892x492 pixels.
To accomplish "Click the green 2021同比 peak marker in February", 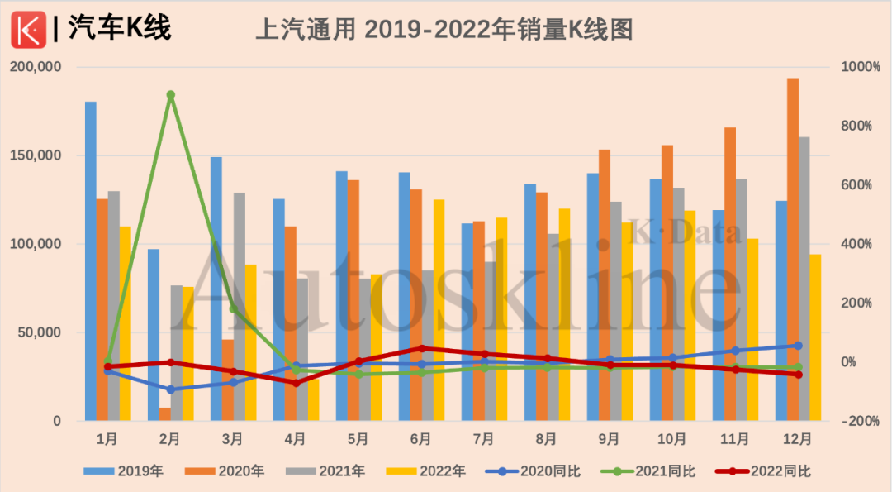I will pyautogui.click(x=170, y=95).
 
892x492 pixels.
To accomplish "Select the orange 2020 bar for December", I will pyautogui.click(x=792, y=248).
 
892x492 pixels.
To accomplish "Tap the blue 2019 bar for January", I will pyautogui.click(x=91, y=260).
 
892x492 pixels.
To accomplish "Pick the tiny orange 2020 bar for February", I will pyautogui.click(x=165, y=414).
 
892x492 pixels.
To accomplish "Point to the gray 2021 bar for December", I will pyautogui.click(x=804, y=278).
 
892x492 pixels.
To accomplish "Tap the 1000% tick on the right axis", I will pyautogui.click(x=861, y=67).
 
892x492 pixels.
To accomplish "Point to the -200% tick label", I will pyautogui.click(x=861, y=421).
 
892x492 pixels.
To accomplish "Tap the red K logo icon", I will pyautogui.click(x=29, y=30).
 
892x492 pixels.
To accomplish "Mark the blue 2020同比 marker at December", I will pyautogui.click(x=798, y=346).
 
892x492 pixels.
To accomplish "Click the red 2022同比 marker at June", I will pyautogui.click(x=421, y=349).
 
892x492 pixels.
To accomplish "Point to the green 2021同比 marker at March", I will pyautogui.click(x=233, y=309).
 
